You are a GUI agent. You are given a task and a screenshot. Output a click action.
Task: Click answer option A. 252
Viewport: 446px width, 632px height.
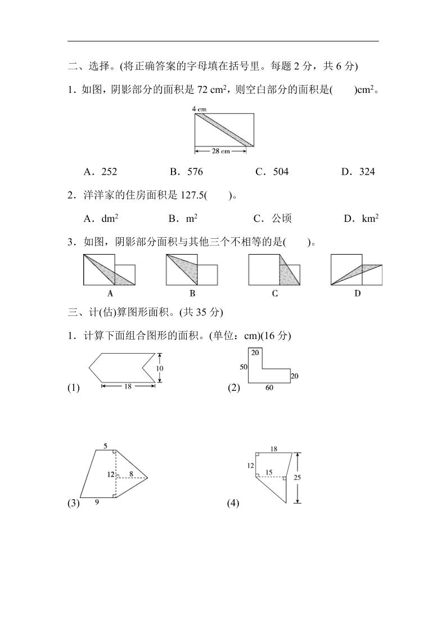(100, 172)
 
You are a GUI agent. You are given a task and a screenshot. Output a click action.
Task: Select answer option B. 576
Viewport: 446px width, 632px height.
(186, 172)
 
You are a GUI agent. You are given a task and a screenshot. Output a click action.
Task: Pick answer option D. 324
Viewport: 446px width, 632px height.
(358, 172)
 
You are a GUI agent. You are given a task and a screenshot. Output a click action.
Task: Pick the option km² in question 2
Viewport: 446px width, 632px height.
(361, 219)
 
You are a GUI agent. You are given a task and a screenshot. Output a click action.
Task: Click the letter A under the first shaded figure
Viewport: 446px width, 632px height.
(110, 293)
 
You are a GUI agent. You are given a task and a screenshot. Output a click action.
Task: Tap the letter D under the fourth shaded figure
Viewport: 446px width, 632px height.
(357, 293)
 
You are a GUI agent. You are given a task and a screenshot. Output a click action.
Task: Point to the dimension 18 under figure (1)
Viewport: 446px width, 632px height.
(128, 386)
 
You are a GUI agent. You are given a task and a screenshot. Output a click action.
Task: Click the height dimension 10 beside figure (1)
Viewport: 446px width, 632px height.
(160, 368)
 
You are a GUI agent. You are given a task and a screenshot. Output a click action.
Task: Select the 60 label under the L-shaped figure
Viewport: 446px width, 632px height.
(269, 388)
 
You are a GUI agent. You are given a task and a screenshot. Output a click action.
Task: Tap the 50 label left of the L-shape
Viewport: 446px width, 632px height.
(244, 367)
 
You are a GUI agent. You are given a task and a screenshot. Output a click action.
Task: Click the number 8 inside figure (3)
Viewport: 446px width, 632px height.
(131, 474)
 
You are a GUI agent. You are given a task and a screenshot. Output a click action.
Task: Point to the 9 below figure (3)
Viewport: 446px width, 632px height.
(97, 502)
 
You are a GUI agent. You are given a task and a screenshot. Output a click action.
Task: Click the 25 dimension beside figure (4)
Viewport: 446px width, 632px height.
(298, 478)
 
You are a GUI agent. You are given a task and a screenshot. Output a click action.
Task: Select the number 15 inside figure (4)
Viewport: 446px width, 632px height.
(269, 472)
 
